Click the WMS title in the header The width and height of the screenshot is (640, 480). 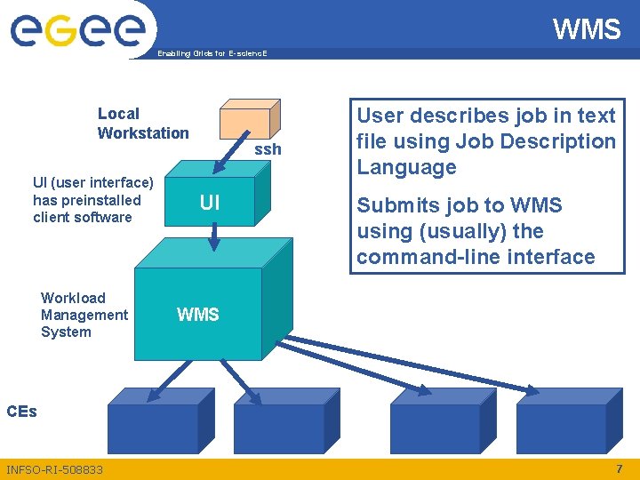coord(587,29)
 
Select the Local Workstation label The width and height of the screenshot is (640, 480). coord(143,124)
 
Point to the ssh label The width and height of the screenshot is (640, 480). coord(268,149)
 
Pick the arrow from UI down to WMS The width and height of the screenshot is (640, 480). coord(213,236)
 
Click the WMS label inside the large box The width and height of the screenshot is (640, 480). coord(198,314)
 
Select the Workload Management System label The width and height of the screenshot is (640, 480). coord(84,315)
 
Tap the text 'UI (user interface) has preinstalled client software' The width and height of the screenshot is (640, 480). coord(93,200)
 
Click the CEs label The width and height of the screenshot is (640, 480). coord(21,412)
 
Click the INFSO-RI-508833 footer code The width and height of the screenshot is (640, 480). coord(54,469)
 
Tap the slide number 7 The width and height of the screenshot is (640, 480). coord(620,468)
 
